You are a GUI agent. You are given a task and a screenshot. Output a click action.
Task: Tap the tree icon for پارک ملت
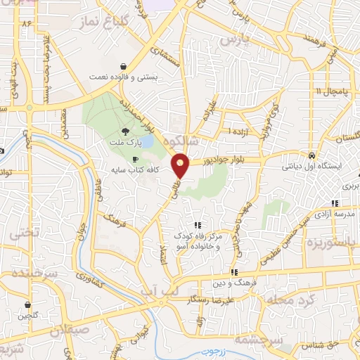pos(127,131)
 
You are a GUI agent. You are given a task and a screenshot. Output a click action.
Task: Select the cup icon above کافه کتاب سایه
pos(135,159)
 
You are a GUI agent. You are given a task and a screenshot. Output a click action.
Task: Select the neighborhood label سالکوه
pos(183,140)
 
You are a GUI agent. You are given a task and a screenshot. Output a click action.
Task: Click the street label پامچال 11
pos(328,92)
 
